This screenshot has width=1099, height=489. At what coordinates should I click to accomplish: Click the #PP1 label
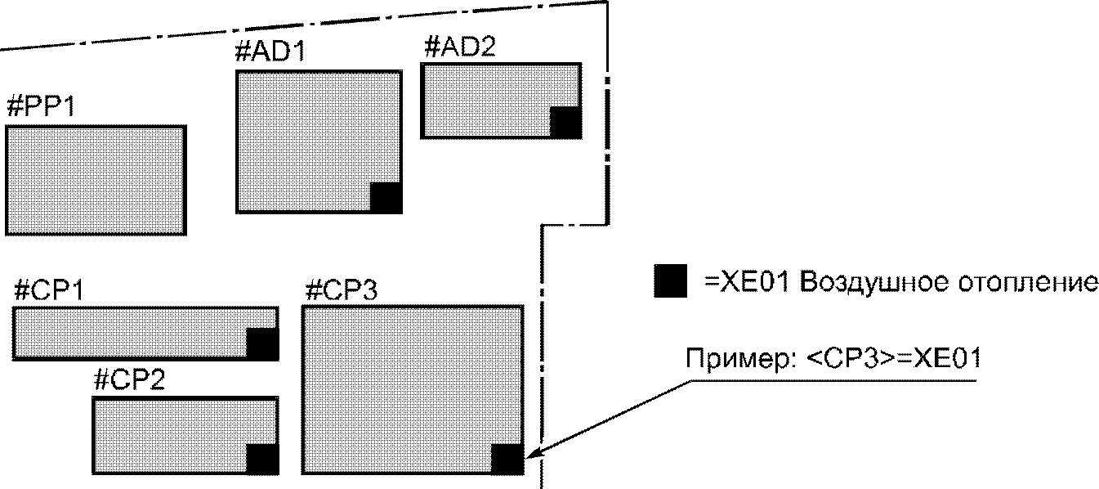[40, 107]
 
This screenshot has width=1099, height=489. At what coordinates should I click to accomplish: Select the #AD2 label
[459, 47]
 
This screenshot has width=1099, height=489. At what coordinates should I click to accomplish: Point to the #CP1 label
[50, 290]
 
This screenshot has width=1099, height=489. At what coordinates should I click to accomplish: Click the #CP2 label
[129, 380]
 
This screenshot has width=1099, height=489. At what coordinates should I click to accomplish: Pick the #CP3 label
[340, 290]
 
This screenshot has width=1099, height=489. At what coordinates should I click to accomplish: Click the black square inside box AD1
[386, 198]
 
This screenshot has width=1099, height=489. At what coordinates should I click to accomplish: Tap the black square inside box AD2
[565, 122]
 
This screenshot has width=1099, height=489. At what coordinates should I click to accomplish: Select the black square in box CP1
[261, 343]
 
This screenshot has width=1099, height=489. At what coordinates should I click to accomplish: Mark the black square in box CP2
[261, 459]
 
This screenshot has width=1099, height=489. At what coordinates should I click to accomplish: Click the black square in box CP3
[507, 459]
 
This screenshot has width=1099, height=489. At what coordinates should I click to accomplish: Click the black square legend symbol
[670, 282]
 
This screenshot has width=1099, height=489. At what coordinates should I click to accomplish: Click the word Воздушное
[869, 283]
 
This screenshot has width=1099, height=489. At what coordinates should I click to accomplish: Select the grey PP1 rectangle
[96, 181]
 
